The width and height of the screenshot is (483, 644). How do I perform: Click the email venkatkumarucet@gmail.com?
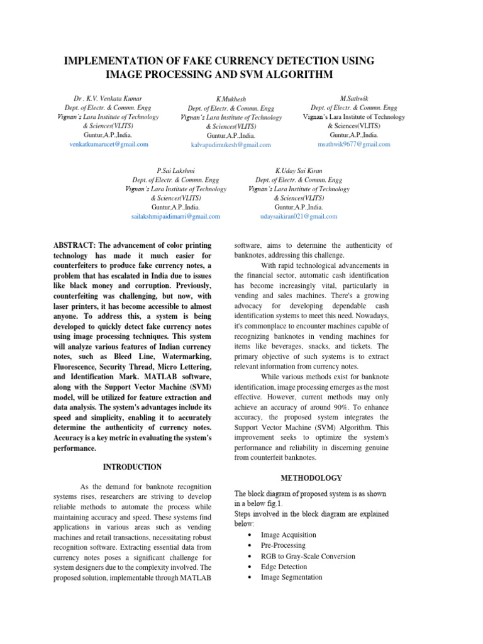109,144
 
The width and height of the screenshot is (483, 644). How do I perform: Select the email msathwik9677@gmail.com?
353,143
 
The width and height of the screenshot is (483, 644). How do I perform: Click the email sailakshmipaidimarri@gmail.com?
175,216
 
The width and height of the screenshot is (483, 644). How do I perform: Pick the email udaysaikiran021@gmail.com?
299,216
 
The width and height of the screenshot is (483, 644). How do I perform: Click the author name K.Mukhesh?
231,99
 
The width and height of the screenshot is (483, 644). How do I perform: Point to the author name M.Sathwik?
353,99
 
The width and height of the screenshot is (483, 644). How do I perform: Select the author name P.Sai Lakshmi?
175,170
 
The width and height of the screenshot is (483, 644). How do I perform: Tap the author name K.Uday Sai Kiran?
299,170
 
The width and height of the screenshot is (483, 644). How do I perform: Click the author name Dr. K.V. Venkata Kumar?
108,99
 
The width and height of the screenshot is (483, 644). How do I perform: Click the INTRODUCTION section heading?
132,467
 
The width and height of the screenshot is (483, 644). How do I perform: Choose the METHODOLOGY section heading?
312,478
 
